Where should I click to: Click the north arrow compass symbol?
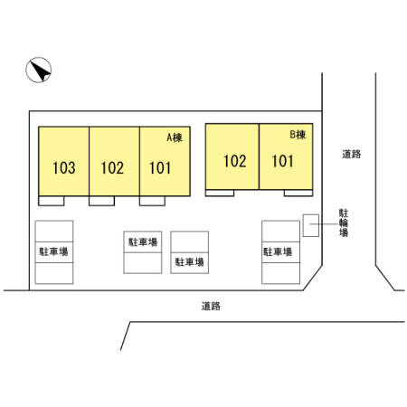39,70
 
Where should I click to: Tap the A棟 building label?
175,137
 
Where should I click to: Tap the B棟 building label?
298,135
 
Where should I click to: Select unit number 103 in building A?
64,167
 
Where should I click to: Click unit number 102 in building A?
112,167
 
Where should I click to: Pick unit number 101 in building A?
160,167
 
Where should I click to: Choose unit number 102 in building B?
235,161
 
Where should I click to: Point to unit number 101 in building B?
282,161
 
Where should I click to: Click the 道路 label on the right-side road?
352,154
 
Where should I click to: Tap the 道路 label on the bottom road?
211,306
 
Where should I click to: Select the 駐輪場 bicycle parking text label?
344,222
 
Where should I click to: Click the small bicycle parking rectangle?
311,225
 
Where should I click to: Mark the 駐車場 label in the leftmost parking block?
53,251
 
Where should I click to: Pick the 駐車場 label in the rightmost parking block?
278,251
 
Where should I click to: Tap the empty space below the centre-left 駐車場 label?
143,263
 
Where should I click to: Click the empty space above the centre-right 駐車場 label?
190,241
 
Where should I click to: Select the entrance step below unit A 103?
52,201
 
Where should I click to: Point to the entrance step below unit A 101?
152,201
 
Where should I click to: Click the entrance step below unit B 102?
220,193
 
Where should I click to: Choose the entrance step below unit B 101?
298,193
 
